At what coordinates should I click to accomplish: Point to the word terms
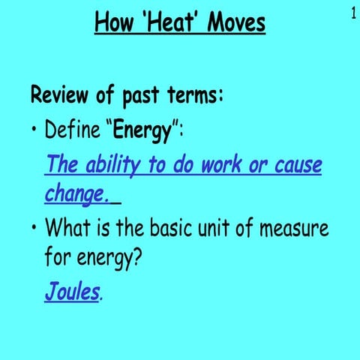click(189, 97)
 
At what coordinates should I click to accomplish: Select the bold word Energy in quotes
click(142, 133)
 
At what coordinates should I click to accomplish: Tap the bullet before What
click(34, 227)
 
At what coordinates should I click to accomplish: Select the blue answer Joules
click(71, 290)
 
